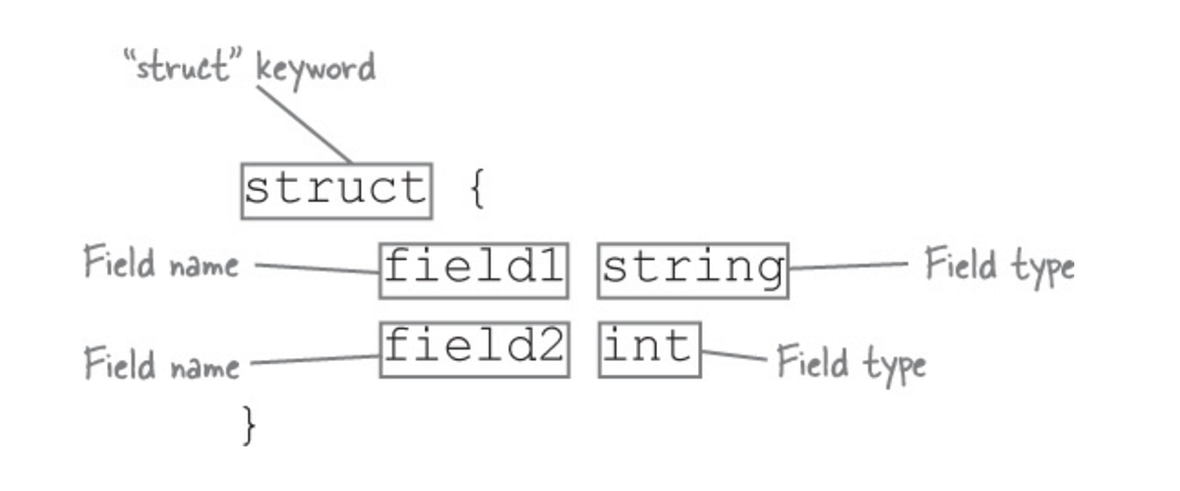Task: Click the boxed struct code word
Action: [x=335, y=190]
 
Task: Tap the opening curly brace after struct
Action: [x=476, y=190]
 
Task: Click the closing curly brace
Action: [x=250, y=425]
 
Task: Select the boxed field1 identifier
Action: [x=474, y=270]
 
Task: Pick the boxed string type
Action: [x=692, y=270]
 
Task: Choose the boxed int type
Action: [x=649, y=349]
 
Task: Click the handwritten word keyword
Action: [x=316, y=69]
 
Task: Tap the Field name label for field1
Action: [x=161, y=265]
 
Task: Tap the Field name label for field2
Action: [x=161, y=364]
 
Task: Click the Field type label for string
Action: [x=999, y=266]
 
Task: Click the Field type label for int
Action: [x=852, y=363]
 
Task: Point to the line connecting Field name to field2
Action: [x=315, y=360]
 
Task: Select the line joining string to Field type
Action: [x=848, y=266]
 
